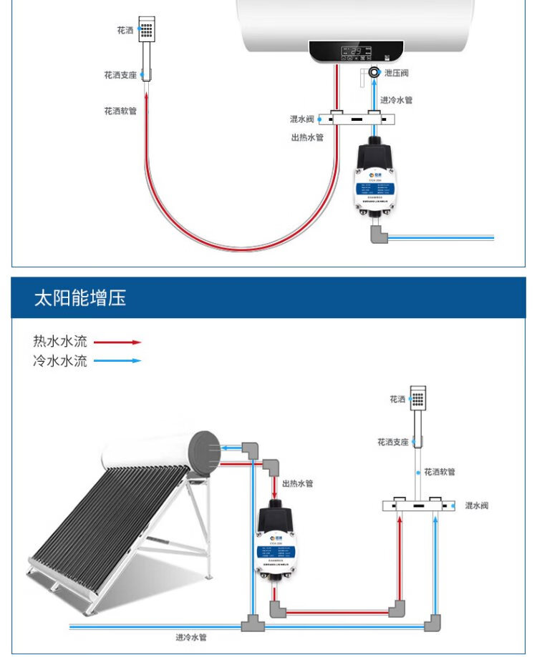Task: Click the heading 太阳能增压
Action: click(x=80, y=298)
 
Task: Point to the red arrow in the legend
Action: click(x=117, y=342)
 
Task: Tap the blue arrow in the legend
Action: click(x=117, y=361)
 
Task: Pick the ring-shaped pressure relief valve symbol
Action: click(x=374, y=72)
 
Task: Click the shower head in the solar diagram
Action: click(x=419, y=397)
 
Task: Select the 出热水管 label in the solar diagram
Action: click(x=297, y=484)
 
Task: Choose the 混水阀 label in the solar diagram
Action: click(x=476, y=505)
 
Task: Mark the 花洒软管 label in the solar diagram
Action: click(x=440, y=472)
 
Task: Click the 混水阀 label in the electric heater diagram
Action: click(x=301, y=119)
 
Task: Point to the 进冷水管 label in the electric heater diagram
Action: click(x=396, y=100)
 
